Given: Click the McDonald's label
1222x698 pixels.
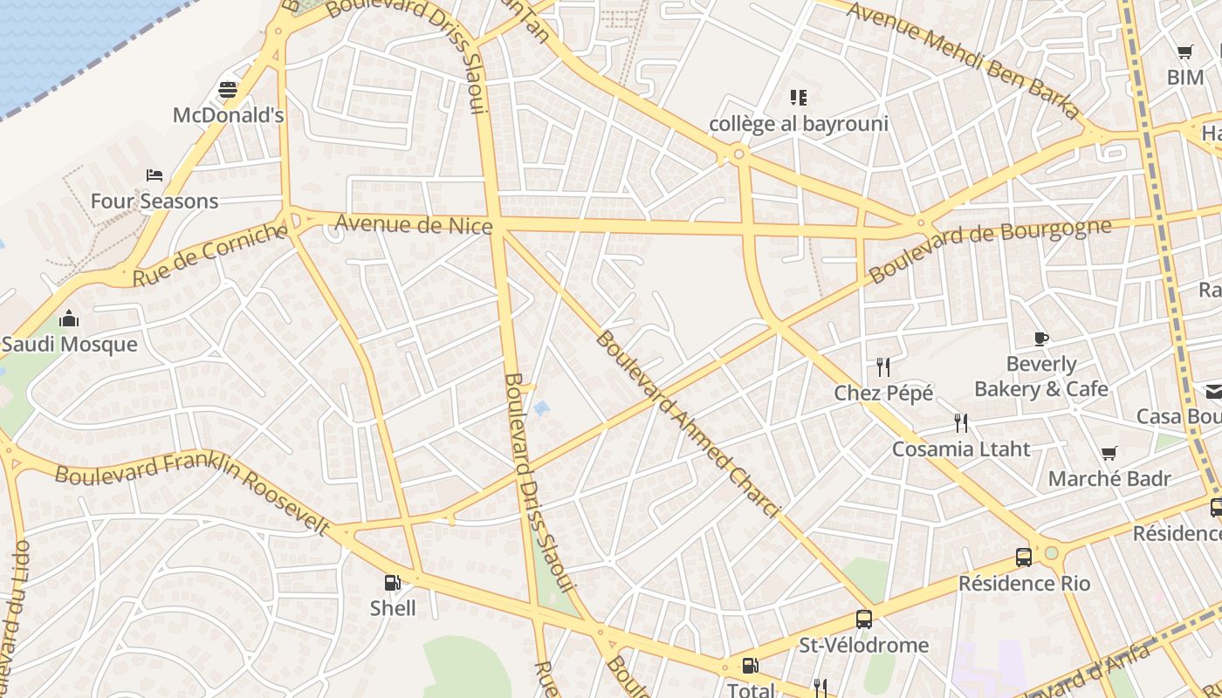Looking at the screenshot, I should (x=228, y=115).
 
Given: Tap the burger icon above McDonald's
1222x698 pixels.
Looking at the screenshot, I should (x=228, y=90).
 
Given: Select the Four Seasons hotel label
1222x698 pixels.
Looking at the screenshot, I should (x=154, y=202).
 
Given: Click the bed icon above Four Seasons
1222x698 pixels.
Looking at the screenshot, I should (x=154, y=175).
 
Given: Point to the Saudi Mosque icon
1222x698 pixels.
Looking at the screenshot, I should (x=69, y=318).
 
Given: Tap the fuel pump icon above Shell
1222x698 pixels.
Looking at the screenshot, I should (x=393, y=582).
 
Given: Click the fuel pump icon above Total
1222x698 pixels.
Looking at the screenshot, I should (x=750, y=666).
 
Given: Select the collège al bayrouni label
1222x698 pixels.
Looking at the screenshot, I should (x=798, y=124).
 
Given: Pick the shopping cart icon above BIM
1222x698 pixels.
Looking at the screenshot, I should (x=1184, y=52).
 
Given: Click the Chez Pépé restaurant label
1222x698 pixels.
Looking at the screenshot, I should (x=883, y=393).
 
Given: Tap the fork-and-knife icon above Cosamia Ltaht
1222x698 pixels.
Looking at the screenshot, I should (x=961, y=423).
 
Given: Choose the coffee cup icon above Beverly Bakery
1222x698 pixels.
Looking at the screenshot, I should (x=1040, y=339).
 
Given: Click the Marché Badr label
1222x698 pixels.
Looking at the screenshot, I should (x=1109, y=479).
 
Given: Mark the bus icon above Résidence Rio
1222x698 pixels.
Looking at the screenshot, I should (x=1024, y=557).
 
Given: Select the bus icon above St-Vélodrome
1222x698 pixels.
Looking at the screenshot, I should (x=864, y=619).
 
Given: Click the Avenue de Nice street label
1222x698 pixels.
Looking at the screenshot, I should (x=414, y=225).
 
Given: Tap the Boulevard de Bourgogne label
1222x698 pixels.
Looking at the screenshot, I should (x=990, y=250).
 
